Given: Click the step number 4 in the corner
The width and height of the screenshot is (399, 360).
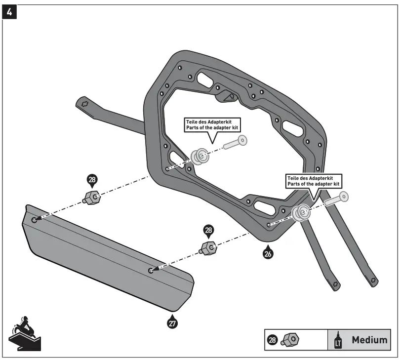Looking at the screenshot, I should coord(9,11).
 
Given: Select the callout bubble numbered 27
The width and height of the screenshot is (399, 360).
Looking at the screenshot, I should coord(172,323).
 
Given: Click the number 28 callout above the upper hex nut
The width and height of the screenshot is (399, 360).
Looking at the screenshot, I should coord(92,180).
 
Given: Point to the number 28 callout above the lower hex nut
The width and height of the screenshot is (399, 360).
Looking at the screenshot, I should coord(209,231).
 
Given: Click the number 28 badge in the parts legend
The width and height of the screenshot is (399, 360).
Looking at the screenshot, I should coord(272,340).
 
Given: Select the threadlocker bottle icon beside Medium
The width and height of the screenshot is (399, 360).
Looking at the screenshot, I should coord(339,340).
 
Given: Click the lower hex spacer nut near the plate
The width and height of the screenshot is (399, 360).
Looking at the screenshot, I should coord(208,248).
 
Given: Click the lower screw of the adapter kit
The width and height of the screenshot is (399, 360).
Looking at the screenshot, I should coord(336,199).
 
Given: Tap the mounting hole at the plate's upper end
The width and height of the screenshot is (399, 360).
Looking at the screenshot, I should coord(34,220).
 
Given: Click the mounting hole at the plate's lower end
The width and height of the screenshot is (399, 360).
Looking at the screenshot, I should coord(151,270).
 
